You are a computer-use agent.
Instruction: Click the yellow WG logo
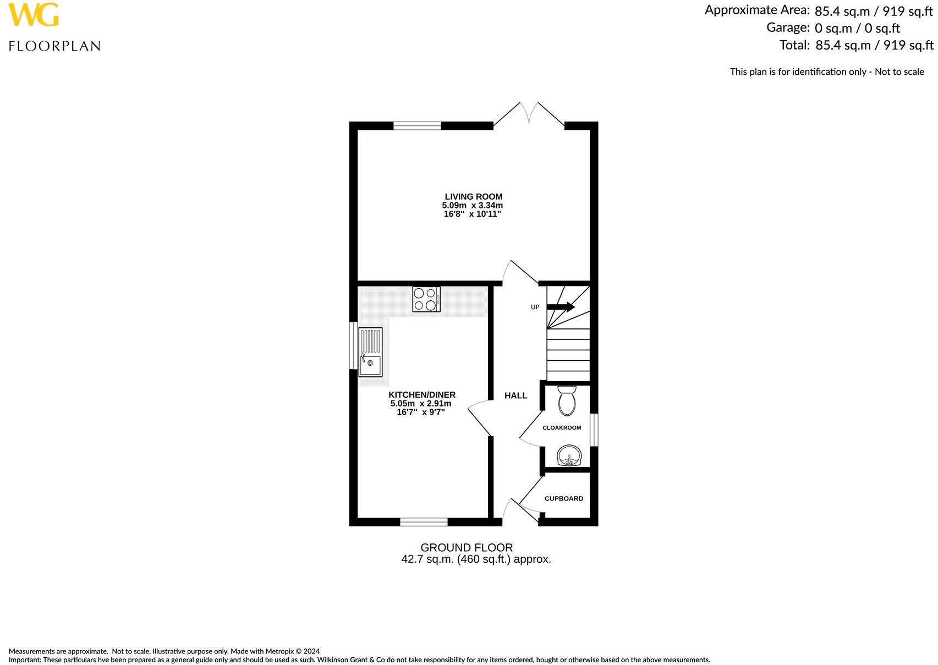pyautogui.click(x=34, y=15)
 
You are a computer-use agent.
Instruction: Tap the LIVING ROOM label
pyautogui.click(x=473, y=196)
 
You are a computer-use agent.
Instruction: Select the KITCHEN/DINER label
pyautogui.click(x=422, y=394)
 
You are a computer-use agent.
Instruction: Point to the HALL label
pyautogui.click(x=515, y=395)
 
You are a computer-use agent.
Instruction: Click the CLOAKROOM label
pyautogui.click(x=562, y=427)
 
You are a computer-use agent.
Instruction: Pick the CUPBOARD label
pyautogui.click(x=563, y=498)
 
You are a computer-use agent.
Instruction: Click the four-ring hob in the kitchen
pyautogui.click(x=426, y=300)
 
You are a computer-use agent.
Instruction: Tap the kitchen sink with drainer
pyautogui.click(x=370, y=352)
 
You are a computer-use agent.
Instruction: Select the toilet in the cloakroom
pyautogui.click(x=566, y=400)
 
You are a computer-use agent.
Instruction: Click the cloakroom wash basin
pyautogui.click(x=569, y=457)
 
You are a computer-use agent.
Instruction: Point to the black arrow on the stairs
pyautogui.click(x=561, y=307)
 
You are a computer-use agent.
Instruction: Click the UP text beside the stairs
pyautogui.click(x=535, y=307)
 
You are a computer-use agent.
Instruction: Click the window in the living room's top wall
pyautogui.click(x=417, y=126)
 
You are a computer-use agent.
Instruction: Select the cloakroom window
pyautogui.click(x=594, y=430)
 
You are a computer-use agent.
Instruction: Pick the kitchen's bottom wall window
pyautogui.click(x=424, y=522)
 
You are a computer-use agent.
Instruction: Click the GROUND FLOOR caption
pyautogui.click(x=467, y=547)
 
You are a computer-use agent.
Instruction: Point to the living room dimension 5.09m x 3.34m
pyautogui.click(x=473, y=205)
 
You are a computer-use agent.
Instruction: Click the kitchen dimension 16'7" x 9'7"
pyautogui.click(x=421, y=412)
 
